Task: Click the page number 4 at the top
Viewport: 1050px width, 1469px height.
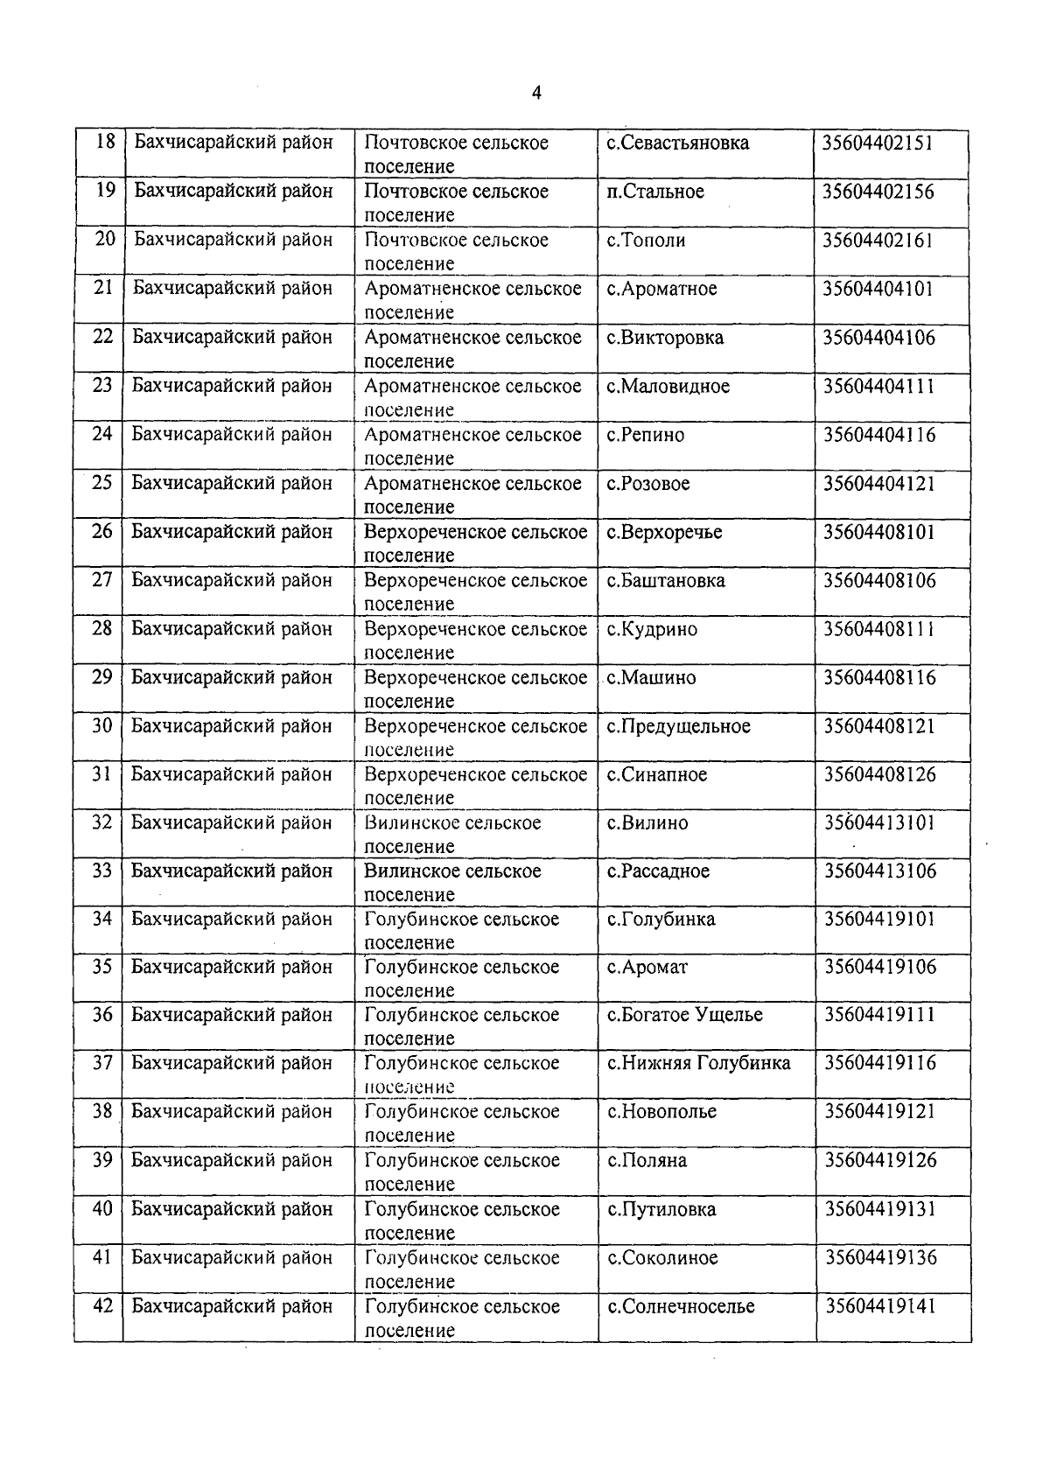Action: click(x=536, y=93)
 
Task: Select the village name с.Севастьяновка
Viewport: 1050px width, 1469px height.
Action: click(x=678, y=143)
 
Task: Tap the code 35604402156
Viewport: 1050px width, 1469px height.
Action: click(x=878, y=192)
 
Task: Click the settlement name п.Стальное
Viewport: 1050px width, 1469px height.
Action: click(x=655, y=192)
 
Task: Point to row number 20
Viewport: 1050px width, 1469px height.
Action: click(x=105, y=239)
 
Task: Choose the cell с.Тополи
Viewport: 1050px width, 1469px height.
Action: click(x=647, y=240)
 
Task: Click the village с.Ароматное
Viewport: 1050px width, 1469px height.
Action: click(x=662, y=289)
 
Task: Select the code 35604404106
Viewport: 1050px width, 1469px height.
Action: click(x=878, y=338)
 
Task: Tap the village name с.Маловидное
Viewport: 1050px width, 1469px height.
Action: click(x=668, y=386)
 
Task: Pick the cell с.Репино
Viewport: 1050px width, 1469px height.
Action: click(x=646, y=435)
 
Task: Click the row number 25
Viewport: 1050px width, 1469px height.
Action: click(x=103, y=482)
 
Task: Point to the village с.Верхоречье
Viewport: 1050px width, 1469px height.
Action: click(x=665, y=532)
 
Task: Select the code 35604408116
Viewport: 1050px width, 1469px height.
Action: click(x=879, y=677)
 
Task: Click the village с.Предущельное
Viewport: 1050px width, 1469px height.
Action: click(x=679, y=726)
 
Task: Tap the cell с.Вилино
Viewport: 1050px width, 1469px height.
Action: click(x=647, y=823)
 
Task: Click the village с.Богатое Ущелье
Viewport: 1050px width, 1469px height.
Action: click(x=685, y=1015)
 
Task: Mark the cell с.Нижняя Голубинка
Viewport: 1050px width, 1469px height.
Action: click(x=699, y=1063)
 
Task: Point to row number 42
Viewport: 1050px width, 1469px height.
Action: click(x=103, y=1305)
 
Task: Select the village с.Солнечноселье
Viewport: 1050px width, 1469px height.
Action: click(x=682, y=1306)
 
